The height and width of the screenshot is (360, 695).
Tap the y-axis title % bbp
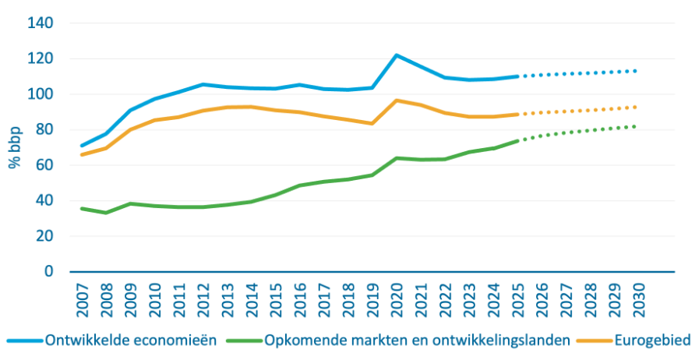[12, 147]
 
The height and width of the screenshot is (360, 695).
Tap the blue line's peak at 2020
[397, 55]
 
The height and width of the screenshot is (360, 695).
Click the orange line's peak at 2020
[397, 101]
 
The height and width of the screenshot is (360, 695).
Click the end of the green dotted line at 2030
[637, 126]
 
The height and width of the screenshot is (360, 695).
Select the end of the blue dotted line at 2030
[637, 71]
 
